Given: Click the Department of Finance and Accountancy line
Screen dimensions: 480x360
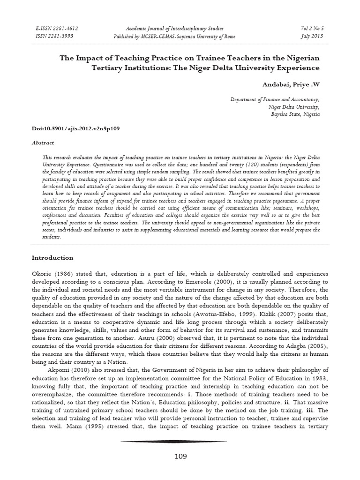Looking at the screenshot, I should [275, 100].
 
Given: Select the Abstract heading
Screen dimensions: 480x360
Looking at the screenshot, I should [43, 143].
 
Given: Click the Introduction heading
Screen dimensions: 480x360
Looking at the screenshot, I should [52, 257].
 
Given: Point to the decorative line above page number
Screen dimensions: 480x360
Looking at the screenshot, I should [174, 441].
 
